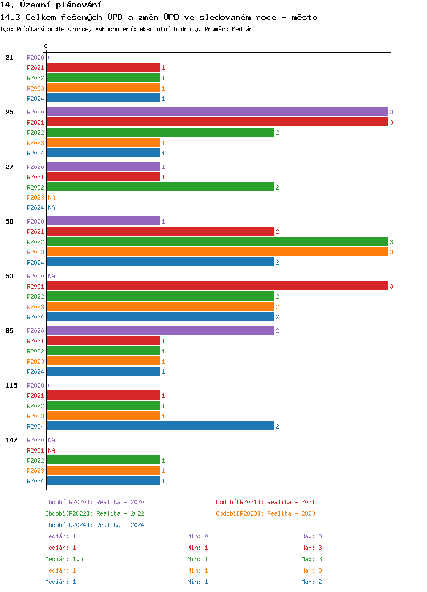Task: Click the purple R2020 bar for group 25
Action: [216, 112]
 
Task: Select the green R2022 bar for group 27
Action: [159, 187]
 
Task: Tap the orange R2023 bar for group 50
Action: [216, 252]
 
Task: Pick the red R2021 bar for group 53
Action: [216, 286]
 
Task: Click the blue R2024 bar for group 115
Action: [159, 426]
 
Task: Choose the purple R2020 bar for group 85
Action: [159, 331]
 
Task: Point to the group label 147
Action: [11, 440]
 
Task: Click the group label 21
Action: [9, 57]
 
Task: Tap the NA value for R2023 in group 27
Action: [51, 198]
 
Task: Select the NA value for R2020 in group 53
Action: [51, 276]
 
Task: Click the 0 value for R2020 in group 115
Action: [50, 385]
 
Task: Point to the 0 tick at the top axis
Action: [46, 46]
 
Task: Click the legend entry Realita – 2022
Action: [95, 513]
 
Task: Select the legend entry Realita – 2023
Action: [265, 513]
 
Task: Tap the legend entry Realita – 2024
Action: [95, 525]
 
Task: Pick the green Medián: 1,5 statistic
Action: [64, 559]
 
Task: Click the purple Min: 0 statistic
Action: [198, 536]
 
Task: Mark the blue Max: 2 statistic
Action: [312, 582]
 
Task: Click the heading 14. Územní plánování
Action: [47, 5]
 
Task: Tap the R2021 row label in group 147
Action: [35, 450]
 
